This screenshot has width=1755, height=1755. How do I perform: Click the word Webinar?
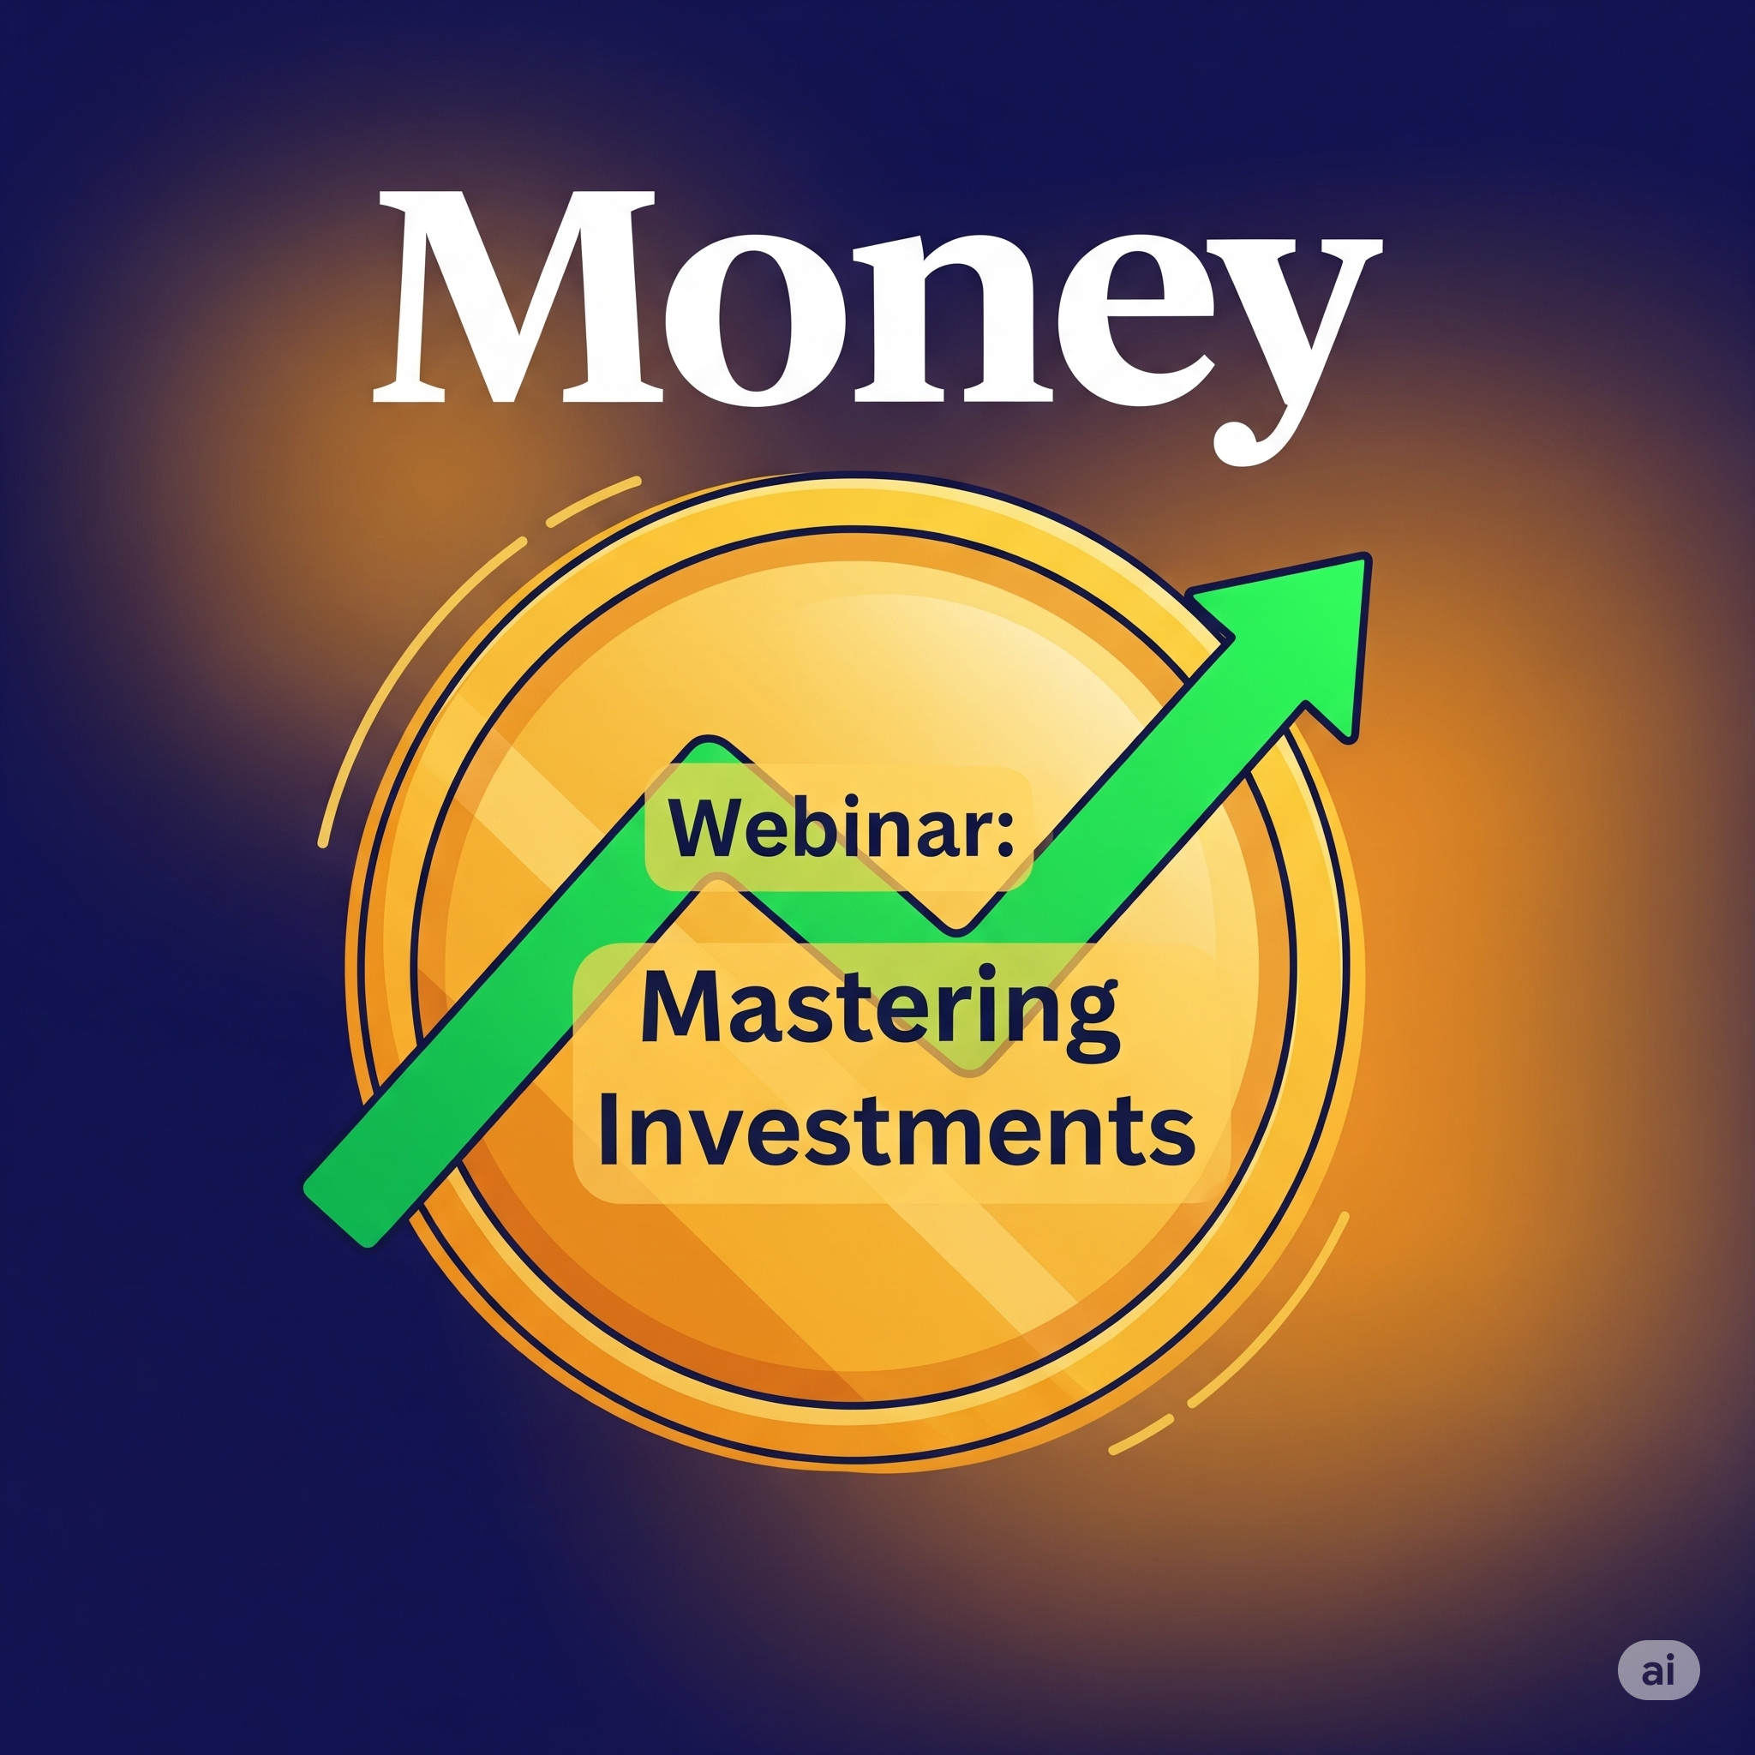826,828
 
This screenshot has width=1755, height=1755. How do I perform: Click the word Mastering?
879,1009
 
